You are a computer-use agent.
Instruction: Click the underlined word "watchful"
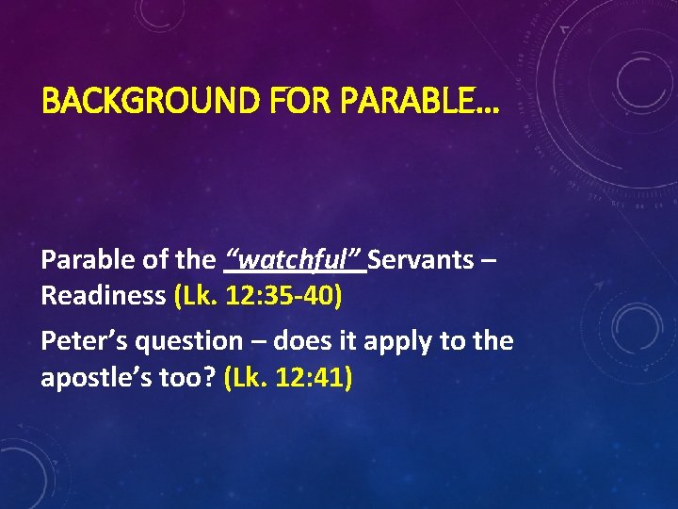click(295, 259)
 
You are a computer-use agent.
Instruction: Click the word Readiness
click(104, 296)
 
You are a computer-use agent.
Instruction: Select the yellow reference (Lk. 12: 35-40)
click(258, 296)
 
